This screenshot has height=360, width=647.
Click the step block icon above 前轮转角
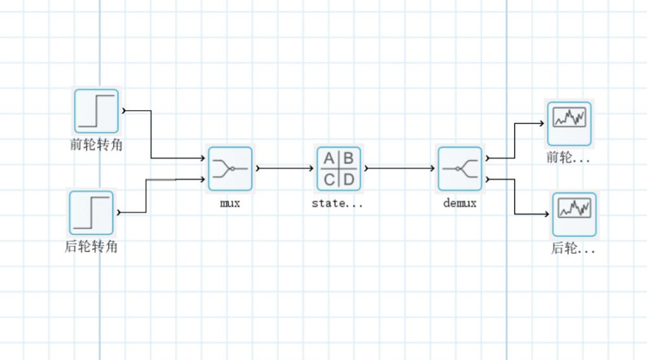[96, 111]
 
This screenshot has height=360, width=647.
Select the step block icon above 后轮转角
[91, 212]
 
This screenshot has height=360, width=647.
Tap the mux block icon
[230, 168]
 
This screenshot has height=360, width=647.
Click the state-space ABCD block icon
[340, 168]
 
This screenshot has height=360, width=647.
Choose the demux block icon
[460, 168]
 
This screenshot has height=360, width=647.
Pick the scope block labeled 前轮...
[569, 123]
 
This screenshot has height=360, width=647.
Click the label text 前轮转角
[96, 145]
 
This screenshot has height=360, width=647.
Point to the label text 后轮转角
[91, 247]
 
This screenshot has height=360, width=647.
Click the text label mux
[230, 203]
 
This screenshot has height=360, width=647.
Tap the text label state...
[337, 203]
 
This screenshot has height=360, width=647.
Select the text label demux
[460, 203]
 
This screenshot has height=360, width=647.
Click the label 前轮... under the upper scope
[569, 158]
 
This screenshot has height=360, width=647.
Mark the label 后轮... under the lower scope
[573, 249]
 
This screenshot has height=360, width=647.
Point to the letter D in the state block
[349, 179]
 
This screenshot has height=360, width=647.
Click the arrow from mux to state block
[285, 168]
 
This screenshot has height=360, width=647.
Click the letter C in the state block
[330, 179]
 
